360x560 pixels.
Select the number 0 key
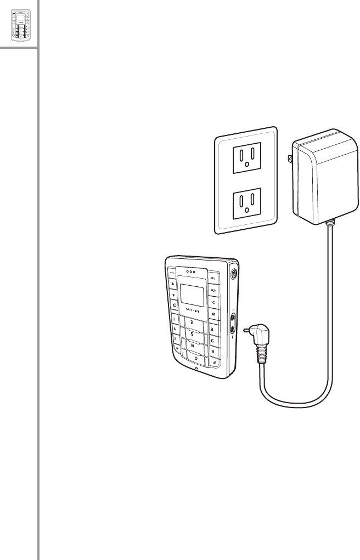pos(195,358)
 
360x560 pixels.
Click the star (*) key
pos(177,348)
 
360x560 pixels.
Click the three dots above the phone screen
pos(191,270)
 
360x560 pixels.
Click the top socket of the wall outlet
pos(245,163)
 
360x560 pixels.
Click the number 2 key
pos(192,322)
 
